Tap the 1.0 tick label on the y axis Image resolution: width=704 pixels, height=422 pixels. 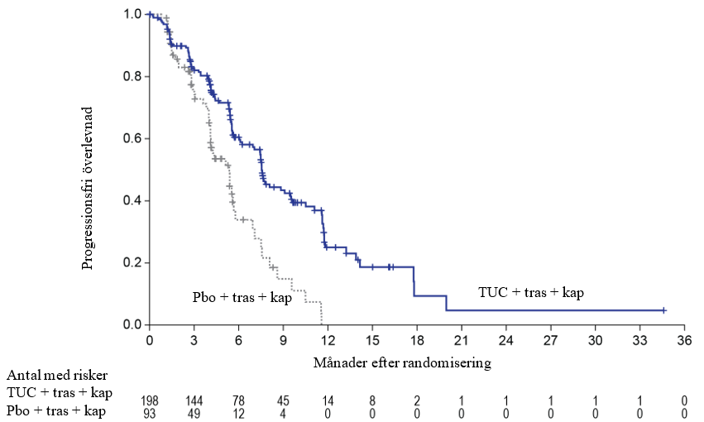point(131,14)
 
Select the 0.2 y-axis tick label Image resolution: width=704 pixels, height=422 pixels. point(131,262)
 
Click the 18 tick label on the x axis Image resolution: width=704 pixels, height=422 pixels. point(416,340)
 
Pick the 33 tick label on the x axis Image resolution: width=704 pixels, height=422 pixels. point(639,340)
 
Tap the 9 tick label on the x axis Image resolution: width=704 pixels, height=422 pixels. point(283,340)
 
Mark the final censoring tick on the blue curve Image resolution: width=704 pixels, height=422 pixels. point(663,310)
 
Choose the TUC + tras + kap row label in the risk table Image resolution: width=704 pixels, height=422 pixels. point(59,392)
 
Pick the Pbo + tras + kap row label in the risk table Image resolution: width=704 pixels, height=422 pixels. point(57,410)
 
